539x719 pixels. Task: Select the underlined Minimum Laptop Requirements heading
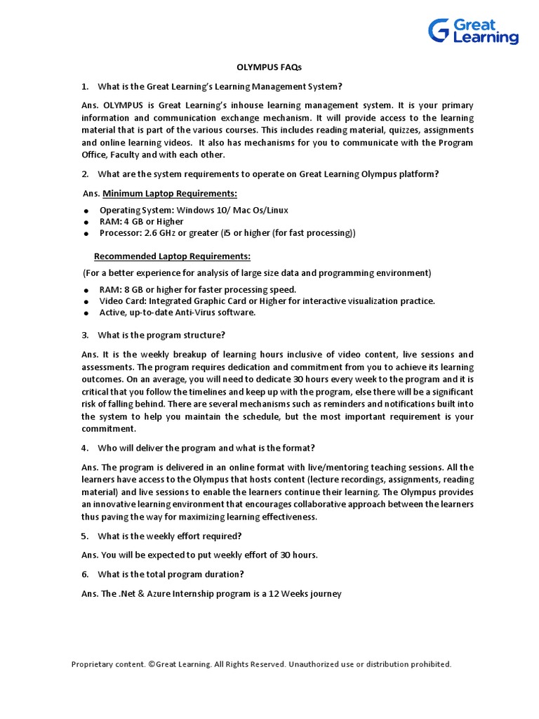click(x=169, y=193)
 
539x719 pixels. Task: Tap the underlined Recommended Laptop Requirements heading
click(x=172, y=256)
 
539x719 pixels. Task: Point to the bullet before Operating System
click(x=86, y=211)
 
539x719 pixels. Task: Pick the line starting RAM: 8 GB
click(x=198, y=289)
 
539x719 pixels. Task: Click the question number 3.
click(x=84, y=335)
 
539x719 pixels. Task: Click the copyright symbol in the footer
click(x=151, y=664)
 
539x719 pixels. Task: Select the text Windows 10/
click(x=199, y=210)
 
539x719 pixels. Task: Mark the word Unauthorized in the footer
click(x=316, y=664)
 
